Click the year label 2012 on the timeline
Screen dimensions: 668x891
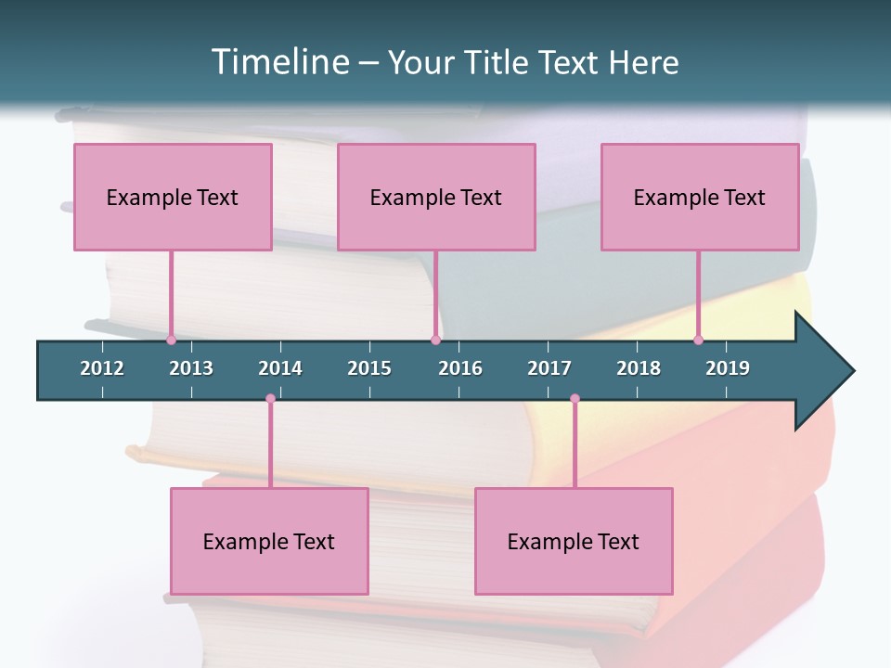pyautogui.click(x=102, y=368)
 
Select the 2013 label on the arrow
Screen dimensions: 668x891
pyautogui.click(x=191, y=368)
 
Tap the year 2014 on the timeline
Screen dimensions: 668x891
pyautogui.click(x=280, y=368)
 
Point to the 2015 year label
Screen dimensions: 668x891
pyautogui.click(x=369, y=368)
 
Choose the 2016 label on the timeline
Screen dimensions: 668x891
pyautogui.click(x=460, y=368)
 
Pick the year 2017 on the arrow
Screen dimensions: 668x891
pyautogui.click(x=549, y=368)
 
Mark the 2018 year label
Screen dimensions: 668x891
pyautogui.click(x=639, y=368)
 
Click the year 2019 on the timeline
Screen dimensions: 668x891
pyautogui.click(x=728, y=368)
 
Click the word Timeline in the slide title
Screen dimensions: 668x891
pyautogui.click(x=278, y=62)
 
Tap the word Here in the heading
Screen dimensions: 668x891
pyautogui.click(x=643, y=62)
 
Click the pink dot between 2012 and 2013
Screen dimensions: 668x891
pyautogui.click(x=171, y=340)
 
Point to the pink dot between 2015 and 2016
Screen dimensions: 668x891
pyautogui.click(x=435, y=340)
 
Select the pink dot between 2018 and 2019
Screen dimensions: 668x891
pyautogui.click(x=698, y=340)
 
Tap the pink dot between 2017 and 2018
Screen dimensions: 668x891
pyautogui.click(x=575, y=399)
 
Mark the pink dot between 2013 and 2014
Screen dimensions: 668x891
pyautogui.click(x=270, y=399)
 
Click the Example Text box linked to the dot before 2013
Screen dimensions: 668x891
pyautogui.click(x=173, y=197)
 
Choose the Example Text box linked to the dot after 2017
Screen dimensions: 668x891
pyautogui.click(x=574, y=541)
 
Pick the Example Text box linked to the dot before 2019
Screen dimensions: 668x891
pyautogui.click(x=700, y=197)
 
